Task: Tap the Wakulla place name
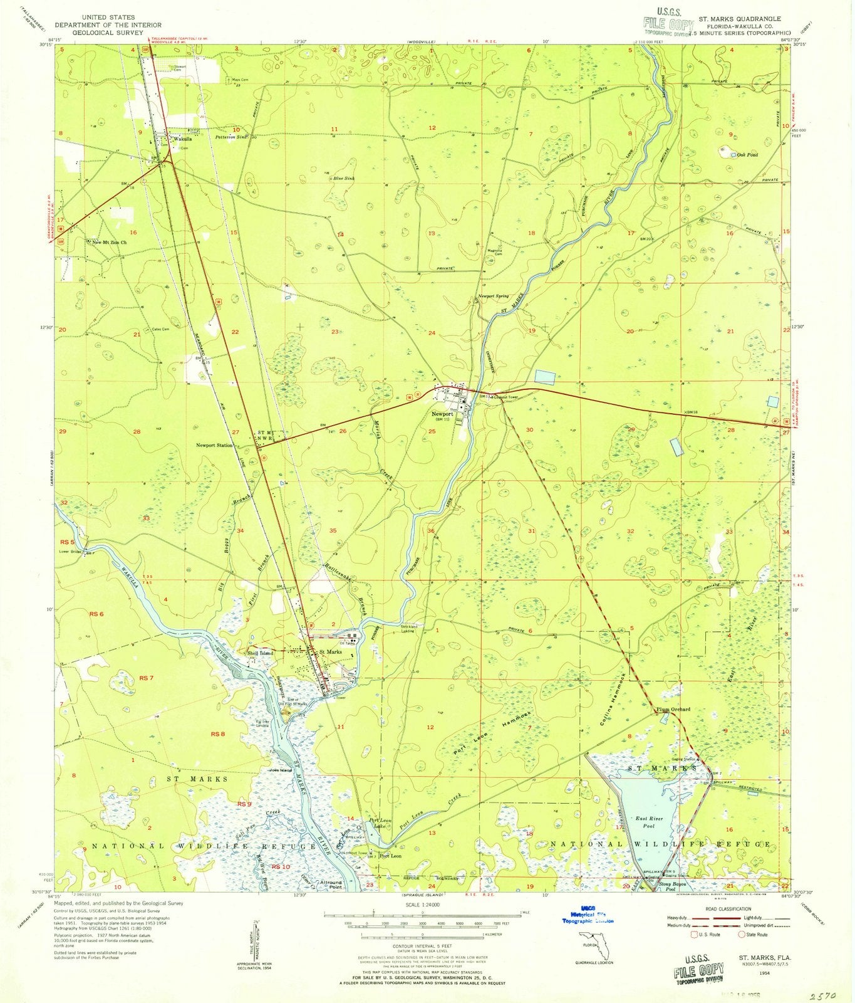click(x=182, y=139)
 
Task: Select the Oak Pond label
click(x=747, y=154)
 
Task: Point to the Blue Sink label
click(x=344, y=179)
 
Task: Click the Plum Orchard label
click(x=673, y=710)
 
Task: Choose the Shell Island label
click(x=261, y=653)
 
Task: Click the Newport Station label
click(x=214, y=445)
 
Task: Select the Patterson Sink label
click(x=231, y=137)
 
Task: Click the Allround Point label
click(x=331, y=885)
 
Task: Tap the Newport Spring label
click(x=494, y=296)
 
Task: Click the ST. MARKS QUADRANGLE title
click(x=742, y=19)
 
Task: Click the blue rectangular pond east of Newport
click(x=545, y=377)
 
